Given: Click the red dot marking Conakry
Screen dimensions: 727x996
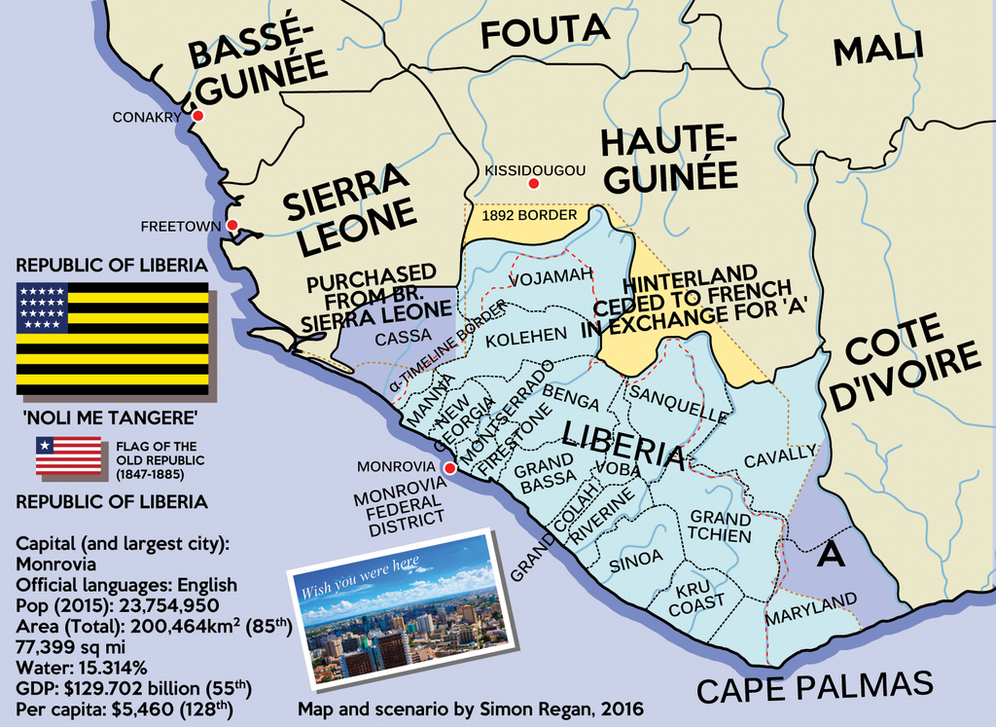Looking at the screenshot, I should (197, 116).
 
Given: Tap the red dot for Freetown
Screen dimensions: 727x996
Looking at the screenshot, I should (232, 226).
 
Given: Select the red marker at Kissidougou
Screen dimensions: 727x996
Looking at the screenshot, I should (532, 184).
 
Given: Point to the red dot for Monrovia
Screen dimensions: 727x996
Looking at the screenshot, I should (449, 468).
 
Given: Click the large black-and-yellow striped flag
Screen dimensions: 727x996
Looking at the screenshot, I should (112, 338).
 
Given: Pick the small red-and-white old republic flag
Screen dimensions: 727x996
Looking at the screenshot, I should (68, 455).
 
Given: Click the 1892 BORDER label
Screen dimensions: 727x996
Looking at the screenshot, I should (522, 215).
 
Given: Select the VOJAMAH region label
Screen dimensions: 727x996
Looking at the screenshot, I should (551, 279).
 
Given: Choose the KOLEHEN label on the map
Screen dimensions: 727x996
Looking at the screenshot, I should (525, 336).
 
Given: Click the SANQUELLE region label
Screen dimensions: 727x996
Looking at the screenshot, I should (678, 403).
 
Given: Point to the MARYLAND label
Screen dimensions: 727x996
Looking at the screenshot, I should (811, 608).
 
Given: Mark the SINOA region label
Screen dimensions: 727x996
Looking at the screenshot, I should (635, 559).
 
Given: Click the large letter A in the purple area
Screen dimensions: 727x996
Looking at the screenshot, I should (829, 553).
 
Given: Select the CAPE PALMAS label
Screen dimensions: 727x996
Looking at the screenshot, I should (814, 686).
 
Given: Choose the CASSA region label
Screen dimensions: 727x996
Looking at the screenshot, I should (403, 336).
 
